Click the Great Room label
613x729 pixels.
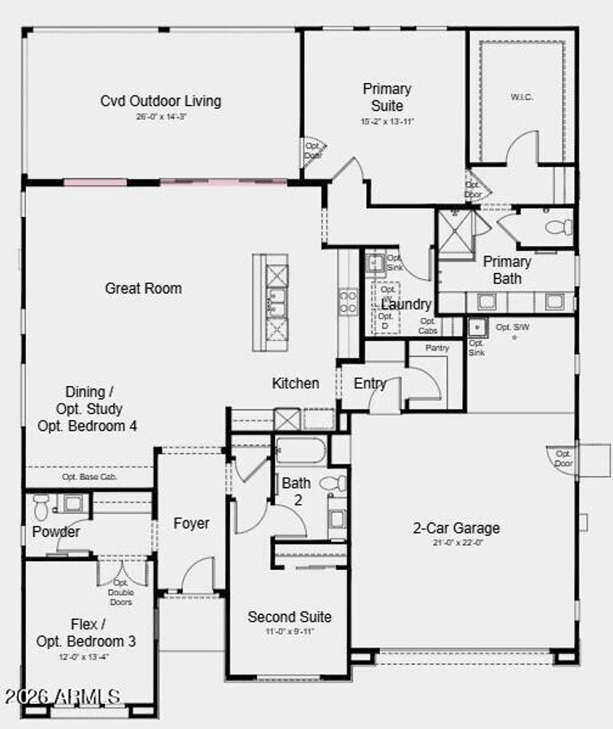tap(143, 288)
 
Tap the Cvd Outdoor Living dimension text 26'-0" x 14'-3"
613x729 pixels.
tap(161, 117)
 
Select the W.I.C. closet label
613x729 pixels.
tap(521, 97)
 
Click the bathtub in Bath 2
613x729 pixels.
tap(301, 451)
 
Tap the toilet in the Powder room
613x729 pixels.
tap(41, 507)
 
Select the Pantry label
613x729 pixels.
tap(437, 348)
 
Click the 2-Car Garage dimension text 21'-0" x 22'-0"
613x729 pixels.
tap(457, 543)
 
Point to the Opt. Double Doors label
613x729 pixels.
tap(121, 592)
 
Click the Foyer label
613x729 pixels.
tap(192, 524)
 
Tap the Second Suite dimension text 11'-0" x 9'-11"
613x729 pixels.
tap(290, 631)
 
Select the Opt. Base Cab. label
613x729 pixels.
tap(90, 477)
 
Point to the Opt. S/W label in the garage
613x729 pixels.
tap(512, 328)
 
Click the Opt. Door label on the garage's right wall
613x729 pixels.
tap(563, 458)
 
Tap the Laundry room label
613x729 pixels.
tap(406, 304)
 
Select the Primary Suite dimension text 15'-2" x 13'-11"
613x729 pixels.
tap(387, 122)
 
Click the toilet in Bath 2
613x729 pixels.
tap(333, 483)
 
